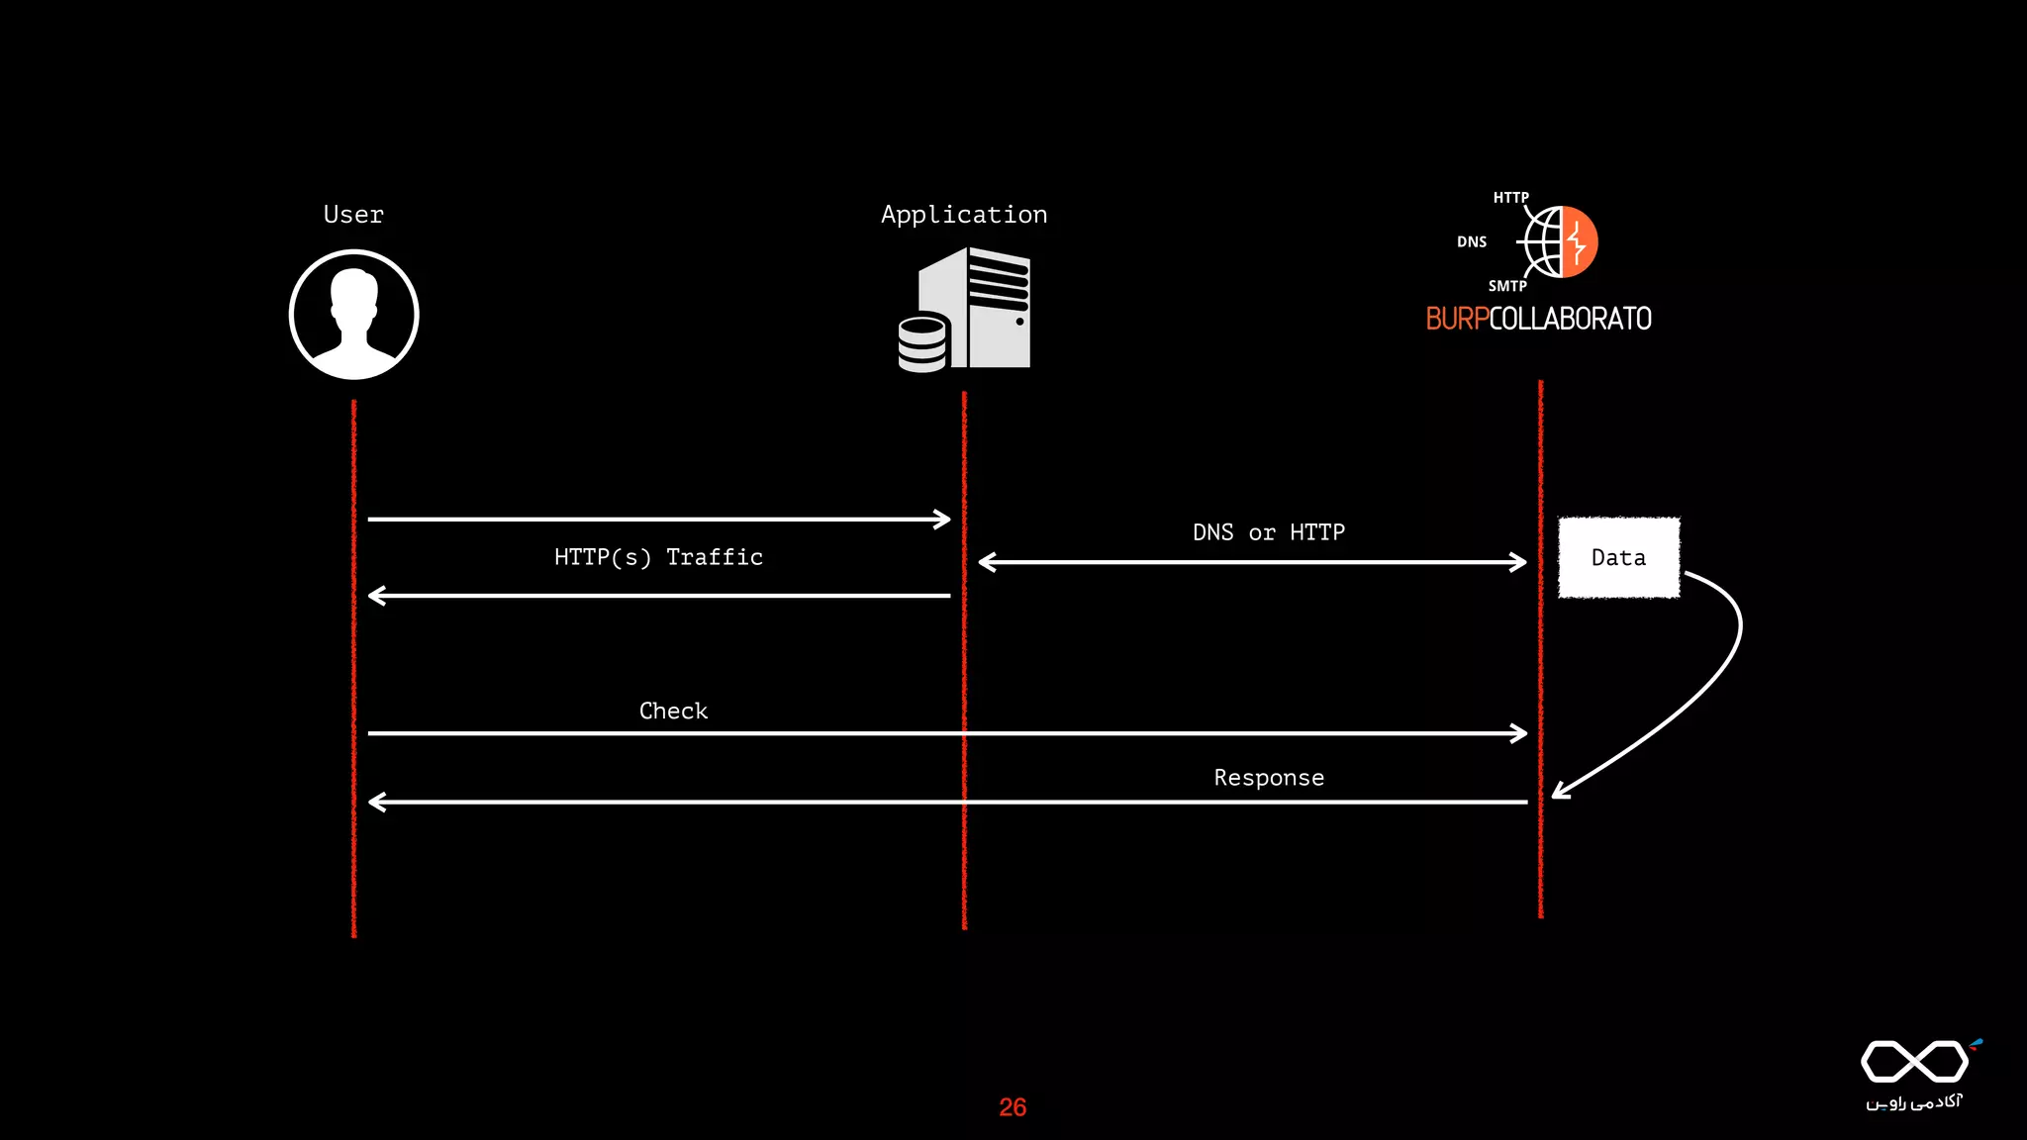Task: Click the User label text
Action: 353,215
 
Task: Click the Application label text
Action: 964,215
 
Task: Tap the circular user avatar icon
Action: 354,315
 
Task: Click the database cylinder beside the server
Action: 922,342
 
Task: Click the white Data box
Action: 1618,557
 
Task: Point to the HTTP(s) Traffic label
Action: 658,557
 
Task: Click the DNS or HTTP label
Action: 1268,532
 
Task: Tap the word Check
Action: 673,711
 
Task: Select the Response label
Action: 1269,778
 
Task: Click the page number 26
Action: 1013,1107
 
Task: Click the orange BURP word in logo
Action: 1457,319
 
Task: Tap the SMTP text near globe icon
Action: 1507,286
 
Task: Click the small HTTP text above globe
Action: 1510,198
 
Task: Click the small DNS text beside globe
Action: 1471,241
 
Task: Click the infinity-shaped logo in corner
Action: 1914,1062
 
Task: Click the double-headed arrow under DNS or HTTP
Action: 1252,562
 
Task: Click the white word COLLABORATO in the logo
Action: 1570,319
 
